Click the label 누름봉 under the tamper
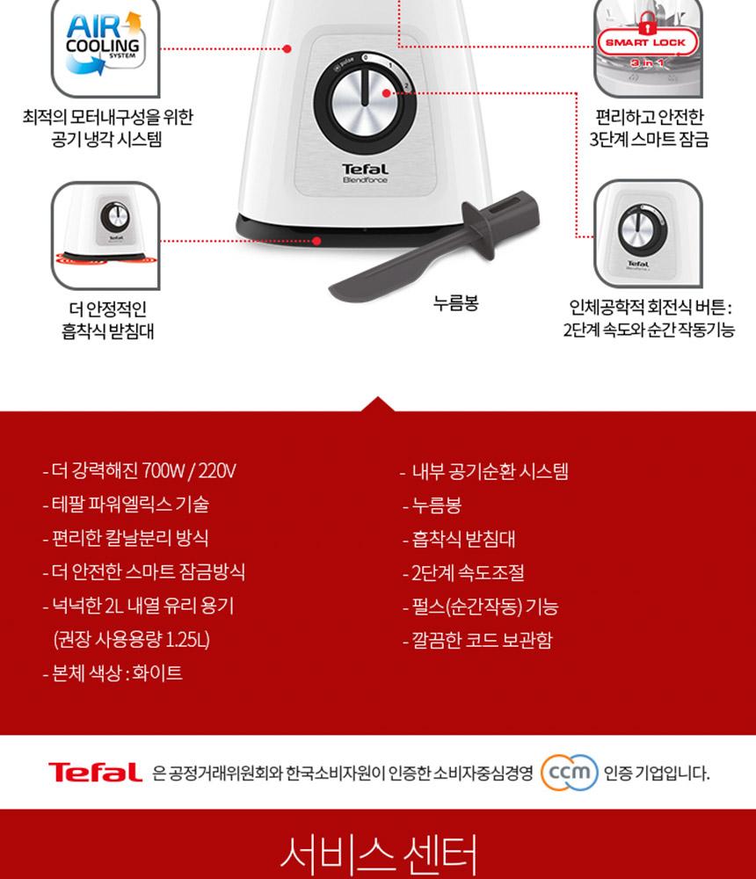coord(456,303)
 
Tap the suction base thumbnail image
coord(105,236)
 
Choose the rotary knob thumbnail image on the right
coord(648,234)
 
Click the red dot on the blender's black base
coord(316,241)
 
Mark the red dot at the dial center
coord(387,93)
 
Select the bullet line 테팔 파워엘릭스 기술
coord(126,505)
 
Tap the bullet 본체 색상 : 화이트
coord(113,672)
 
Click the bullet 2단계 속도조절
coord(463,572)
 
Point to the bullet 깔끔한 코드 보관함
coord(477,640)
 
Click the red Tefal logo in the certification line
coord(95,773)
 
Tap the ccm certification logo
coord(569,773)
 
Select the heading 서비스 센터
coord(379,854)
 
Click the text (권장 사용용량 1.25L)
coord(132,640)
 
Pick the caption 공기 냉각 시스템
coord(106,139)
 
